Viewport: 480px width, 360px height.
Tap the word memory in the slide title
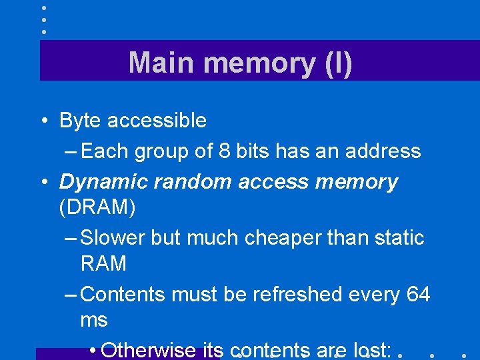(x=255, y=64)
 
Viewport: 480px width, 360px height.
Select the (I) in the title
(x=337, y=63)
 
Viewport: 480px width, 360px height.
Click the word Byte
(x=80, y=121)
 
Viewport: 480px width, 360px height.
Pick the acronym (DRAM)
(x=97, y=208)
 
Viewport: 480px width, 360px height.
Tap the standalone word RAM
(x=103, y=264)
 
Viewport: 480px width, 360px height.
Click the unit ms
(x=93, y=321)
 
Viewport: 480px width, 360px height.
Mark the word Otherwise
(x=148, y=350)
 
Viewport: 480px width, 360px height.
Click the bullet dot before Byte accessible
(x=42, y=121)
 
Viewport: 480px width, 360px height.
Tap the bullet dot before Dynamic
(x=42, y=182)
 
